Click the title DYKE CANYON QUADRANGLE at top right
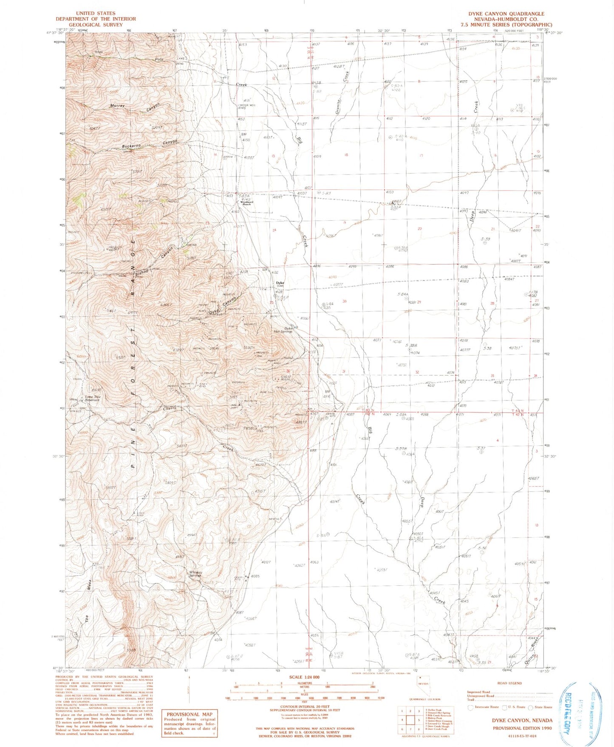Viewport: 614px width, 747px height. (x=506, y=14)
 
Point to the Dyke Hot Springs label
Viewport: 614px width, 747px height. (x=283, y=330)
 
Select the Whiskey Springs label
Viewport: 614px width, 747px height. (x=195, y=574)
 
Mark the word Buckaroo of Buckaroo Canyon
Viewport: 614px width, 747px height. (x=131, y=146)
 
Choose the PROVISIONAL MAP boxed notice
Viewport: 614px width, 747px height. (x=189, y=723)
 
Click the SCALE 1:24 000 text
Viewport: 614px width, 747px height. (x=303, y=677)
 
